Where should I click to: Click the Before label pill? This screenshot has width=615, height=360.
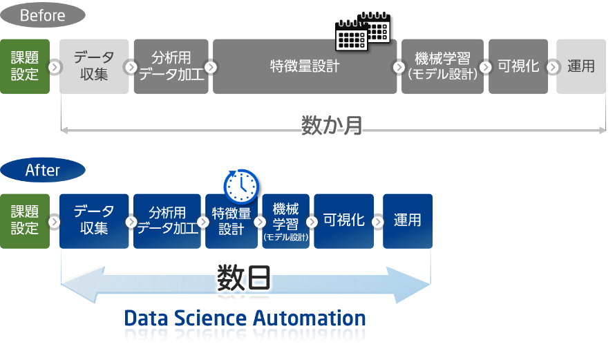(42, 15)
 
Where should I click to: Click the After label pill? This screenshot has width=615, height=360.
(42, 170)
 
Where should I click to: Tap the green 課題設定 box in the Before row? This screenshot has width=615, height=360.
(25, 66)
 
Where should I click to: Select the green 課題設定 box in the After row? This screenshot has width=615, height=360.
(25, 221)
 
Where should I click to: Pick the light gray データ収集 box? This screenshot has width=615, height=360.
(94, 66)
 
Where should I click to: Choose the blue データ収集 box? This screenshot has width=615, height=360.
(94, 221)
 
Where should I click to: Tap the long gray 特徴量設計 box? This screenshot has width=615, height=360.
(305, 66)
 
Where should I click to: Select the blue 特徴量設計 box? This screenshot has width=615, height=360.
(231, 221)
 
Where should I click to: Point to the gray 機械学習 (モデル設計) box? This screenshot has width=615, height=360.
(442, 66)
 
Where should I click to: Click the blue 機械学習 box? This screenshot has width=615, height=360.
(285, 221)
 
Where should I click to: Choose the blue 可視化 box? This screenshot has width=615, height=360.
(343, 221)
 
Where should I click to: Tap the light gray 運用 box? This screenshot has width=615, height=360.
(581, 66)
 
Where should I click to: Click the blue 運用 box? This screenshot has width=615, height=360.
(408, 221)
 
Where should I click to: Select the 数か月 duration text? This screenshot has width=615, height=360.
(332, 125)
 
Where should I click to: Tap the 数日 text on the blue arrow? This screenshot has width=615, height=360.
(243, 278)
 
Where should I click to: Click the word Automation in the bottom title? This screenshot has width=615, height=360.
(308, 318)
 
